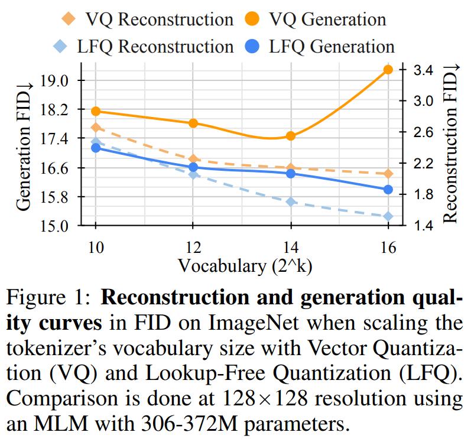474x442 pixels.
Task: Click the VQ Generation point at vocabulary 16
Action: (x=388, y=70)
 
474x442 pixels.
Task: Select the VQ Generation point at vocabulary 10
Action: (x=96, y=111)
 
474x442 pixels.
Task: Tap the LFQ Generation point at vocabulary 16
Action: (x=388, y=190)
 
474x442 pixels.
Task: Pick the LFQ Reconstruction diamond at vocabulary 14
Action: (x=290, y=202)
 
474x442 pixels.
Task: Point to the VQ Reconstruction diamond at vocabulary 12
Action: (x=193, y=159)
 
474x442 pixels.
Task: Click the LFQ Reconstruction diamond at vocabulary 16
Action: (x=388, y=216)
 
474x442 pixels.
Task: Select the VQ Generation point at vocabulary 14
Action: (x=290, y=136)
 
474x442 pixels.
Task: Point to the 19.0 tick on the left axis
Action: (x=54, y=80)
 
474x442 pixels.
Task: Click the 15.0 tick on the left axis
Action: (x=54, y=225)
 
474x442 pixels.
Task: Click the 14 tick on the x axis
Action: (x=290, y=246)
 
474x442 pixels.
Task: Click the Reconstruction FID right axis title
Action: (x=450, y=147)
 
